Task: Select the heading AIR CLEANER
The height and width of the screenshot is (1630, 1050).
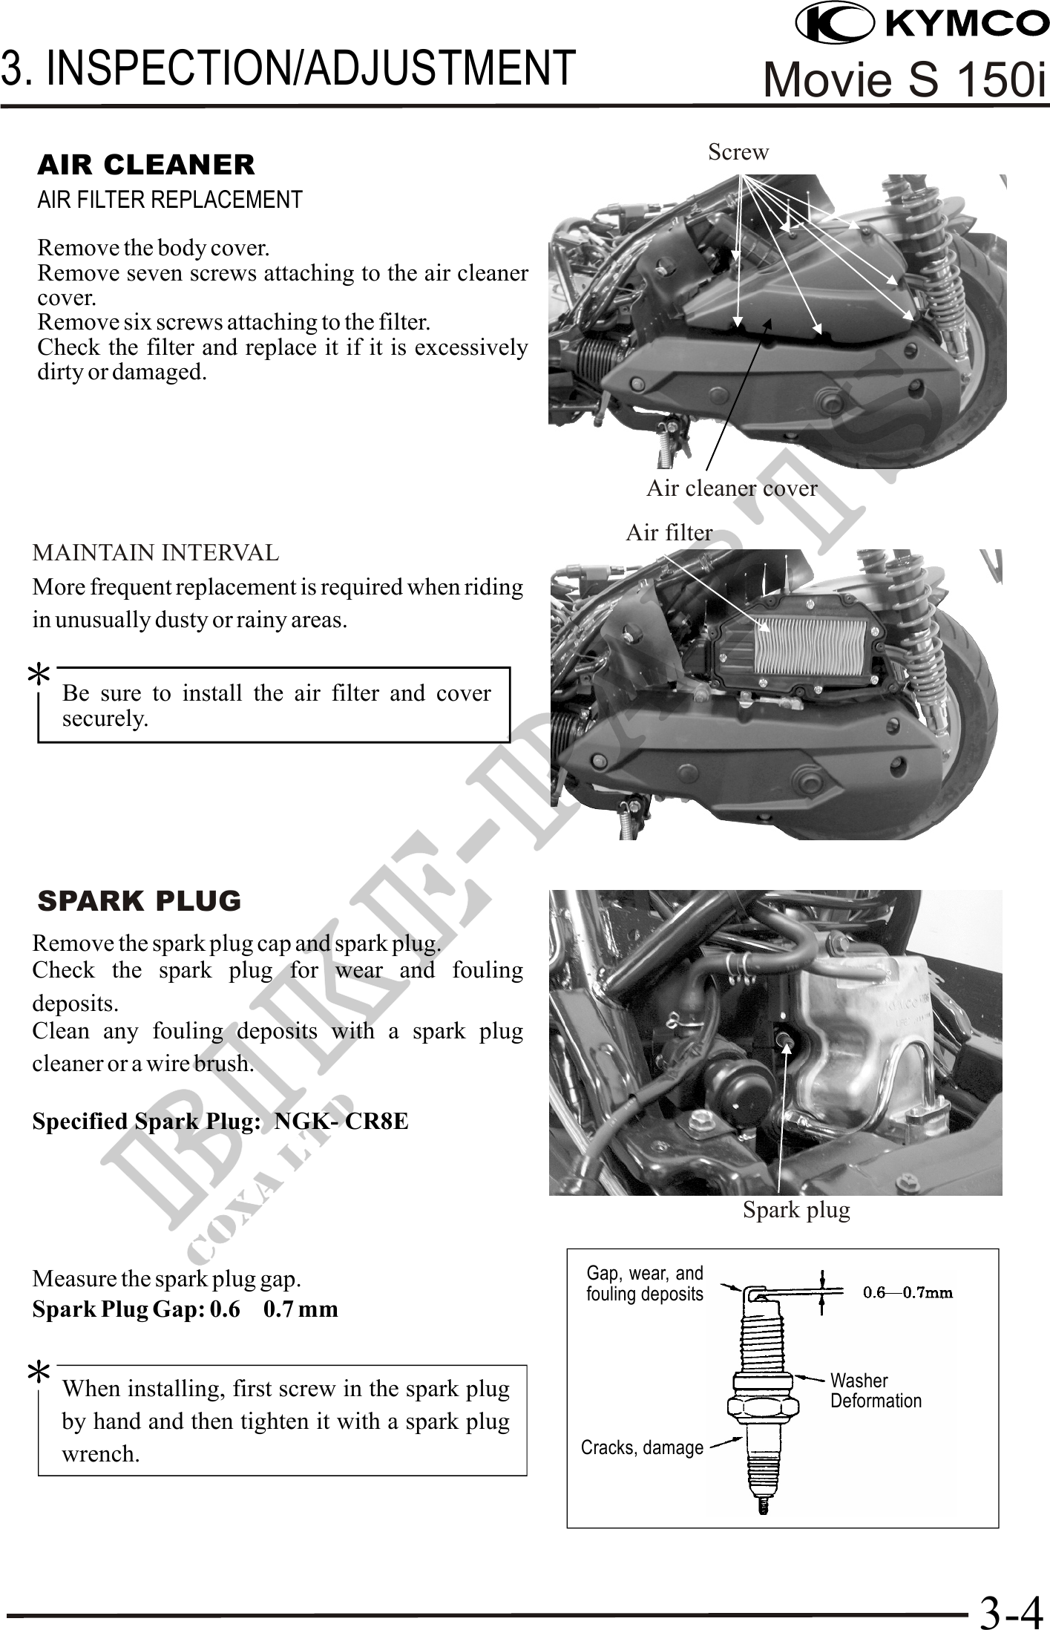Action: [x=146, y=165]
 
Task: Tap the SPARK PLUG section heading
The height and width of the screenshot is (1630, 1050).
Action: [x=140, y=900]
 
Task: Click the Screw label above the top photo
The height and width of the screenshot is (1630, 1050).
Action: [x=738, y=152]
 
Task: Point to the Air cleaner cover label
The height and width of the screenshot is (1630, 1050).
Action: [x=732, y=488]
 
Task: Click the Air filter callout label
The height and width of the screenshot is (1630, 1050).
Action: [x=669, y=532]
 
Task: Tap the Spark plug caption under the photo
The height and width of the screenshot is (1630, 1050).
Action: [x=796, y=1211]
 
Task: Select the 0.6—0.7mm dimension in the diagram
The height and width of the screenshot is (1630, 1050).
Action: [x=908, y=1292]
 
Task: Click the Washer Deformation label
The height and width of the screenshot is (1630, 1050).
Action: [x=876, y=1390]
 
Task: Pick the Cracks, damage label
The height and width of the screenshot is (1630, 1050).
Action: [x=642, y=1447]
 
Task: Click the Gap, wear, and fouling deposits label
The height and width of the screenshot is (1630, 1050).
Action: [x=644, y=1283]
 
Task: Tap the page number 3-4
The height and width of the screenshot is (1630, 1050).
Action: [x=1010, y=1612]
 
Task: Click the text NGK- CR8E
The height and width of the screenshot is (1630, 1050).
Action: [x=341, y=1121]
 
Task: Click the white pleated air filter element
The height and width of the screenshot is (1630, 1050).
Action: [x=810, y=646]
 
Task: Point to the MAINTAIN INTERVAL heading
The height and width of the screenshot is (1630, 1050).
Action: [x=156, y=553]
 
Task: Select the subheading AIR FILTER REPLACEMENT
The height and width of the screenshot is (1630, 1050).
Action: [x=170, y=200]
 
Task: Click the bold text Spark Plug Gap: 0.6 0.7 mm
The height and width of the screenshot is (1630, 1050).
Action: [x=185, y=1309]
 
